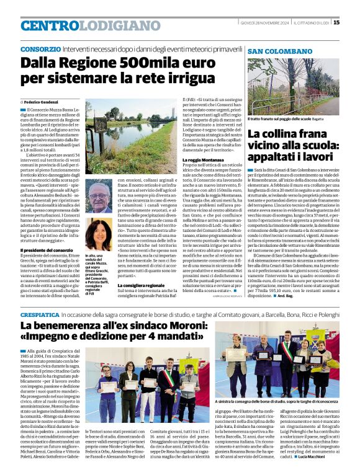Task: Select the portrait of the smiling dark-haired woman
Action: [99, 234]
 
